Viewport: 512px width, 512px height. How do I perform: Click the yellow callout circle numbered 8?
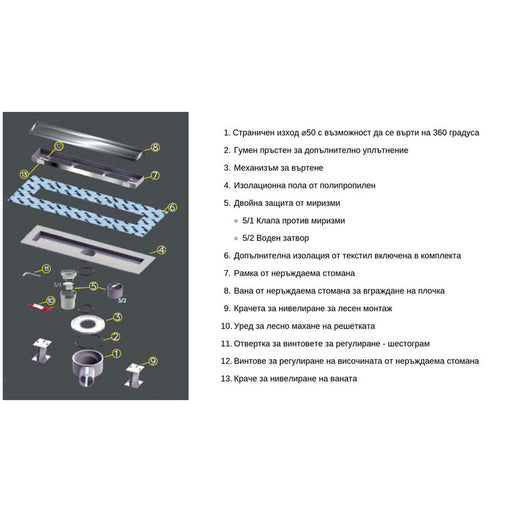[x=155, y=147]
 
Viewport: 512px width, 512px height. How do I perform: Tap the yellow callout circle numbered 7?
[x=155, y=175]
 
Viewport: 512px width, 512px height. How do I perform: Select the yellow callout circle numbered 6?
[x=172, y=207]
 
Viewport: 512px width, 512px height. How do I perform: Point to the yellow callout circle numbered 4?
[x=161, y=250]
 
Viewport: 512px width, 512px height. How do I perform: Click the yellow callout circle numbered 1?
[x=116, y=353]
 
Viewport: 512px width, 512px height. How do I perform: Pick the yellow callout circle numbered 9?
[x=153, y=361]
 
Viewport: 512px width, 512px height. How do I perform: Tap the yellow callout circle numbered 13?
[x=24, y=174]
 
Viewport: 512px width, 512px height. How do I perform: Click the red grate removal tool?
[x=41, y=307]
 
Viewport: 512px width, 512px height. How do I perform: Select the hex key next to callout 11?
[x=31, y=274]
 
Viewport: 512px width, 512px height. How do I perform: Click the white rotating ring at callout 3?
[x=74, y=324]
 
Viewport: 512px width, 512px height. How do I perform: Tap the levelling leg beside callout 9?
[x=135, y=376]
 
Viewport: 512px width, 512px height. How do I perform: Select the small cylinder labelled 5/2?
[x=115, y=290]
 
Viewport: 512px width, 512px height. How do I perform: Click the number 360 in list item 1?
[x=440, y=133]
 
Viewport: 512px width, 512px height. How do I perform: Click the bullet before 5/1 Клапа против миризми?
[x=236, y=221]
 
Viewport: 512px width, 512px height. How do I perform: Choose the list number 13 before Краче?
[x=226, y=379]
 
